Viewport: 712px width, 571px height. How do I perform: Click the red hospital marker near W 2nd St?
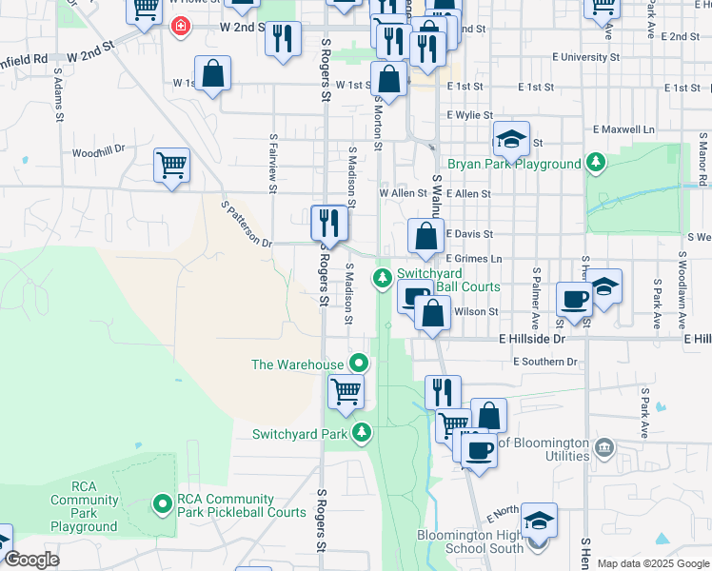178,27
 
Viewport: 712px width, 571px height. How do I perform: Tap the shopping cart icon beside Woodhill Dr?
171,166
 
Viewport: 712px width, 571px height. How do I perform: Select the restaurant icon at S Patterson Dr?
329,224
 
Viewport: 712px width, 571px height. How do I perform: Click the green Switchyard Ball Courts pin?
382,278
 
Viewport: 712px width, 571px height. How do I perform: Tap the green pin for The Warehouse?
358,363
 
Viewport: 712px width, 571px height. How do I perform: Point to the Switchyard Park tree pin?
361,433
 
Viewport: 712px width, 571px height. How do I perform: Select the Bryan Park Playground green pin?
595,163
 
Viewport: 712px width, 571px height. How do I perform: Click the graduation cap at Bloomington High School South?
538,522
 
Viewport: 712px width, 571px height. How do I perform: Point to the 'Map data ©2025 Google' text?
653,563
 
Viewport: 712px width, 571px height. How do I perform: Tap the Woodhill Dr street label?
99,151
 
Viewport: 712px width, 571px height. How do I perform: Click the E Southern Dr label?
544,362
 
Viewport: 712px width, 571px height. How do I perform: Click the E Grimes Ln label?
473,258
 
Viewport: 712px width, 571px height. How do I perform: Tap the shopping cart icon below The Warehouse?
346,391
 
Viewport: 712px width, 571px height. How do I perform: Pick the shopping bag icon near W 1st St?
212,74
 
